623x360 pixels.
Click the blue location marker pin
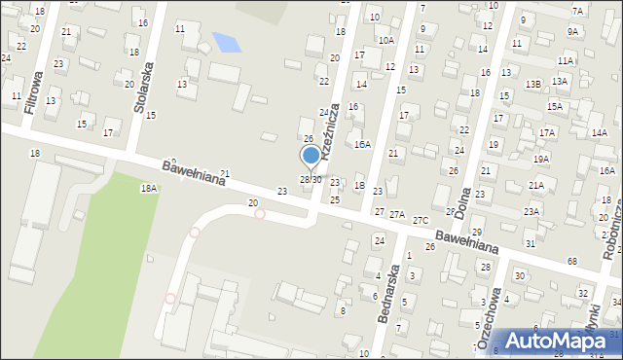pos(311,156)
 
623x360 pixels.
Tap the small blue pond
pos(226,43)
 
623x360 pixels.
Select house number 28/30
pos(310,180)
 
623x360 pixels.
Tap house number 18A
pos(148,188)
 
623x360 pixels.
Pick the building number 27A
pos(397,214)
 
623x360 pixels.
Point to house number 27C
pos(421,221)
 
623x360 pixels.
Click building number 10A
pos(386,40)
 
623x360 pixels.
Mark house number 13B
pos(532,85)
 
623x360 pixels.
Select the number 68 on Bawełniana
pos(572,262)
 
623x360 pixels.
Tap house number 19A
pos(541,158)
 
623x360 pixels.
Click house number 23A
pos(531,211)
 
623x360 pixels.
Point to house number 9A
pos(573,31)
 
